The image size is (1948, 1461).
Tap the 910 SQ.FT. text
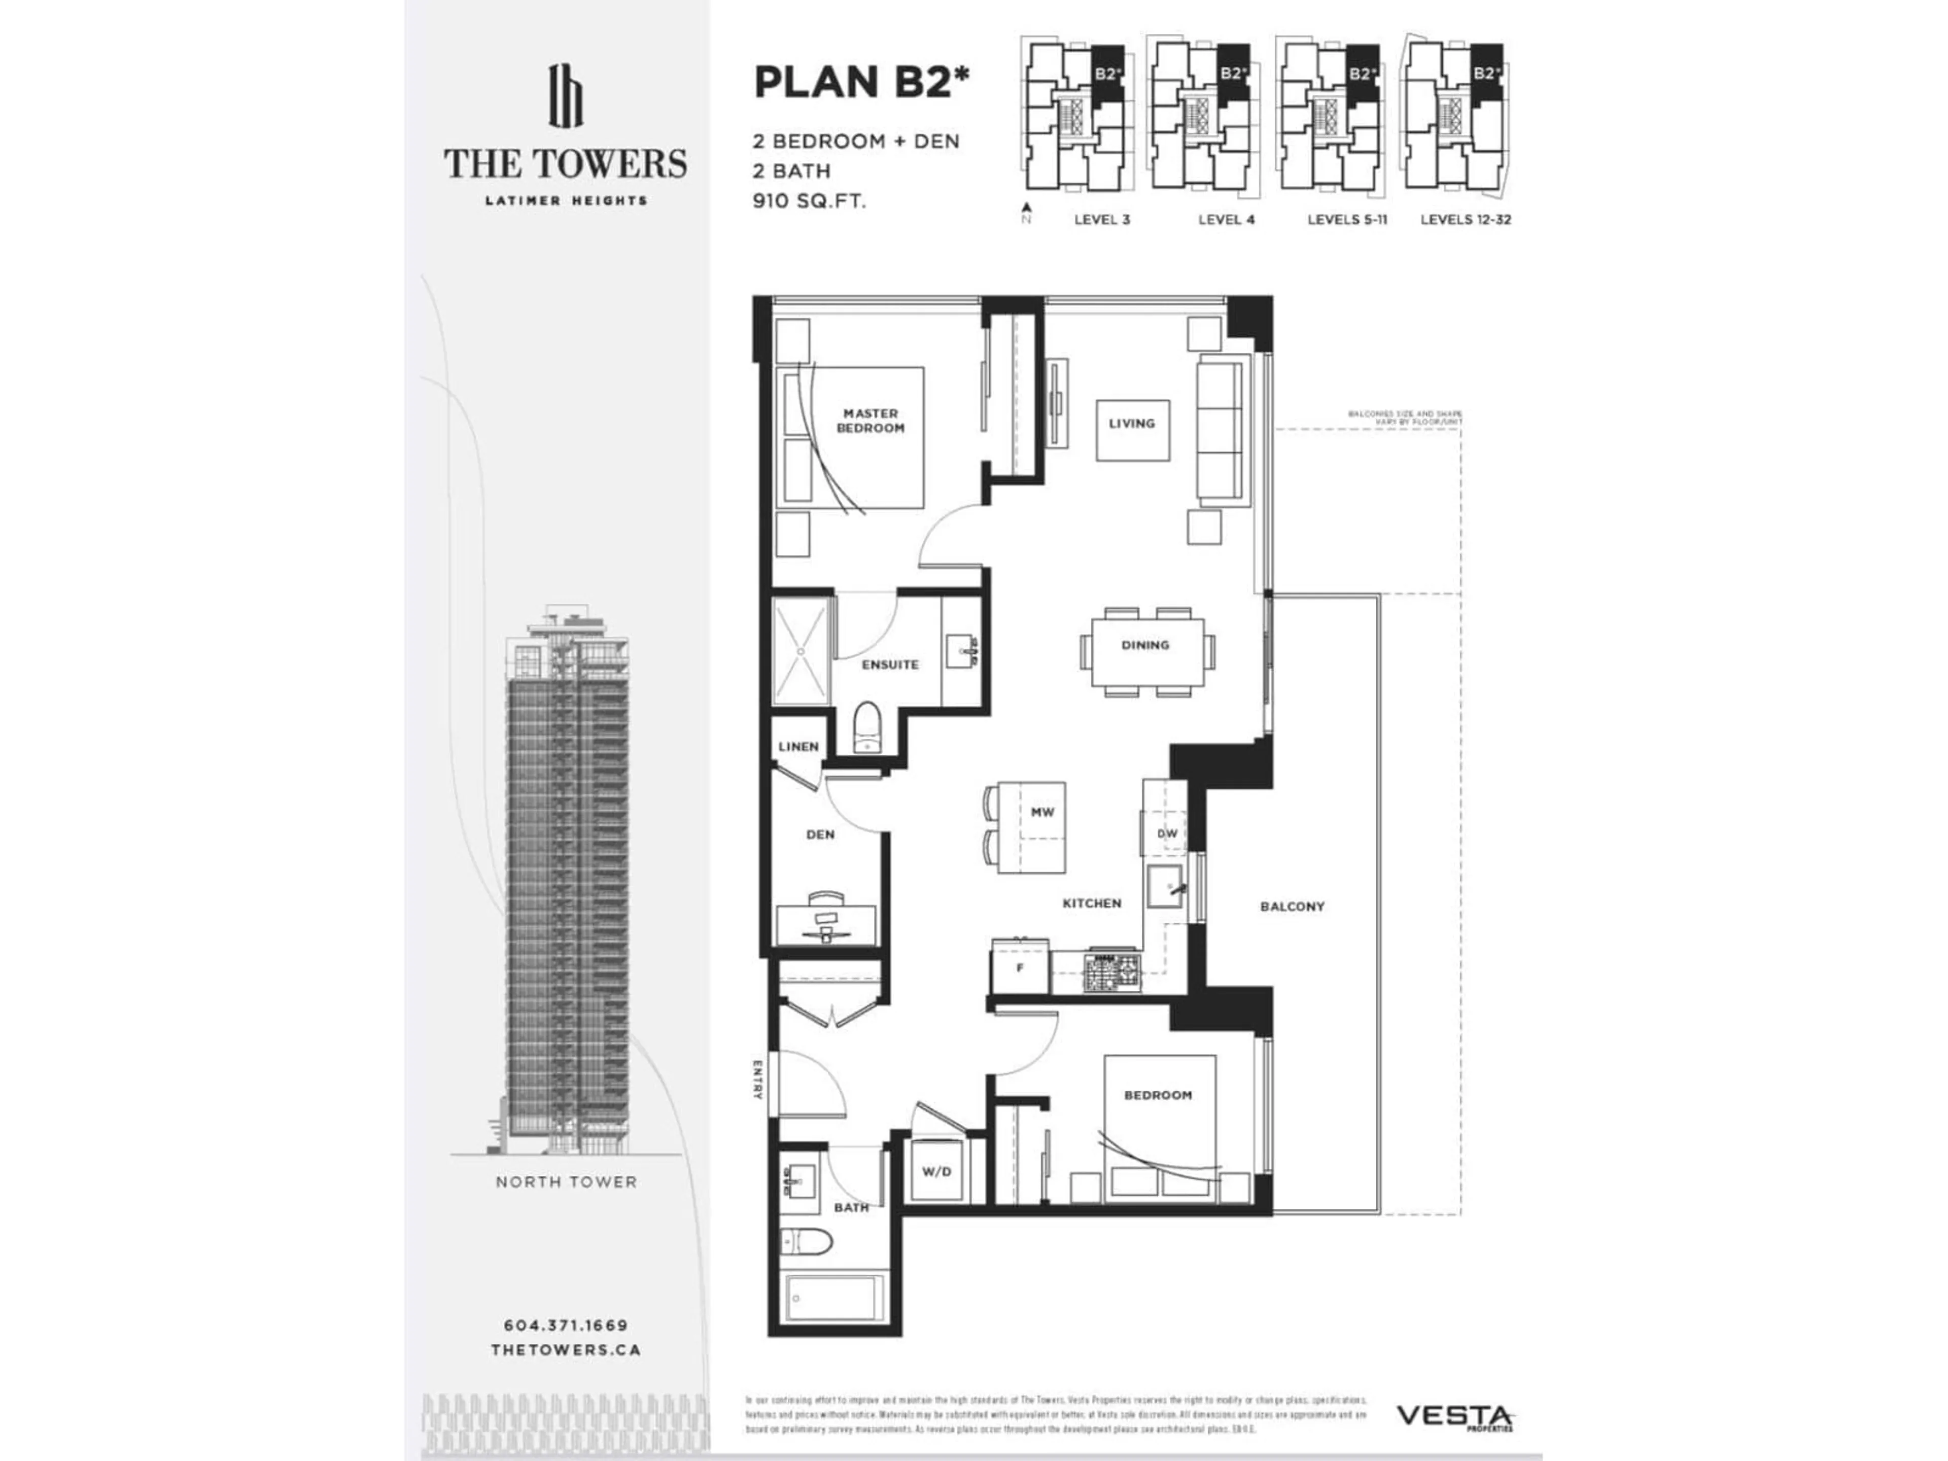pyautogui.click(x=809, y=201)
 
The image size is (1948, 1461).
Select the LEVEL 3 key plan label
pyautogui.click(x=1102, y=219)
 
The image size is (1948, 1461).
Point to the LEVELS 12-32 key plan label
pyautogui.click(x=1466, y=219)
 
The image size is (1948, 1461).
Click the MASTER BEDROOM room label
pyautogui.click(x=870, y=420)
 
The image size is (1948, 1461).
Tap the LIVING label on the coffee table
pyautogui.click(x=1132, y=424)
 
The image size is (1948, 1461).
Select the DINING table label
pyautogui.click(x=1145, y=645)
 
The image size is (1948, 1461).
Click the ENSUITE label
pyautogui.click(x=889, y=665)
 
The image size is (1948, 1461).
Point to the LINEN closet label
pyautogui.click(x=798, y=747)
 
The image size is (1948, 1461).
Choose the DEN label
pyautogui.click(x=820, y=834)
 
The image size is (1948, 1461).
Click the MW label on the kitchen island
pyautogui.click(x=1042, y=812)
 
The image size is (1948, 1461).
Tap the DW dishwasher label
pyautogui.click(x=1167, y=833)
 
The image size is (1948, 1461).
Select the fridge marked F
pyautogui.click(x=1020, y=968)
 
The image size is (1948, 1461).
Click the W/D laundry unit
pyautogui.click(x=936, y=1172)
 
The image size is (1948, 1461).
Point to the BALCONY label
pyautogui.click(x=1292, y=906)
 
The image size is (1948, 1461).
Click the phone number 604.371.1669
pyautogui.click(x=566, y=1326)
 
